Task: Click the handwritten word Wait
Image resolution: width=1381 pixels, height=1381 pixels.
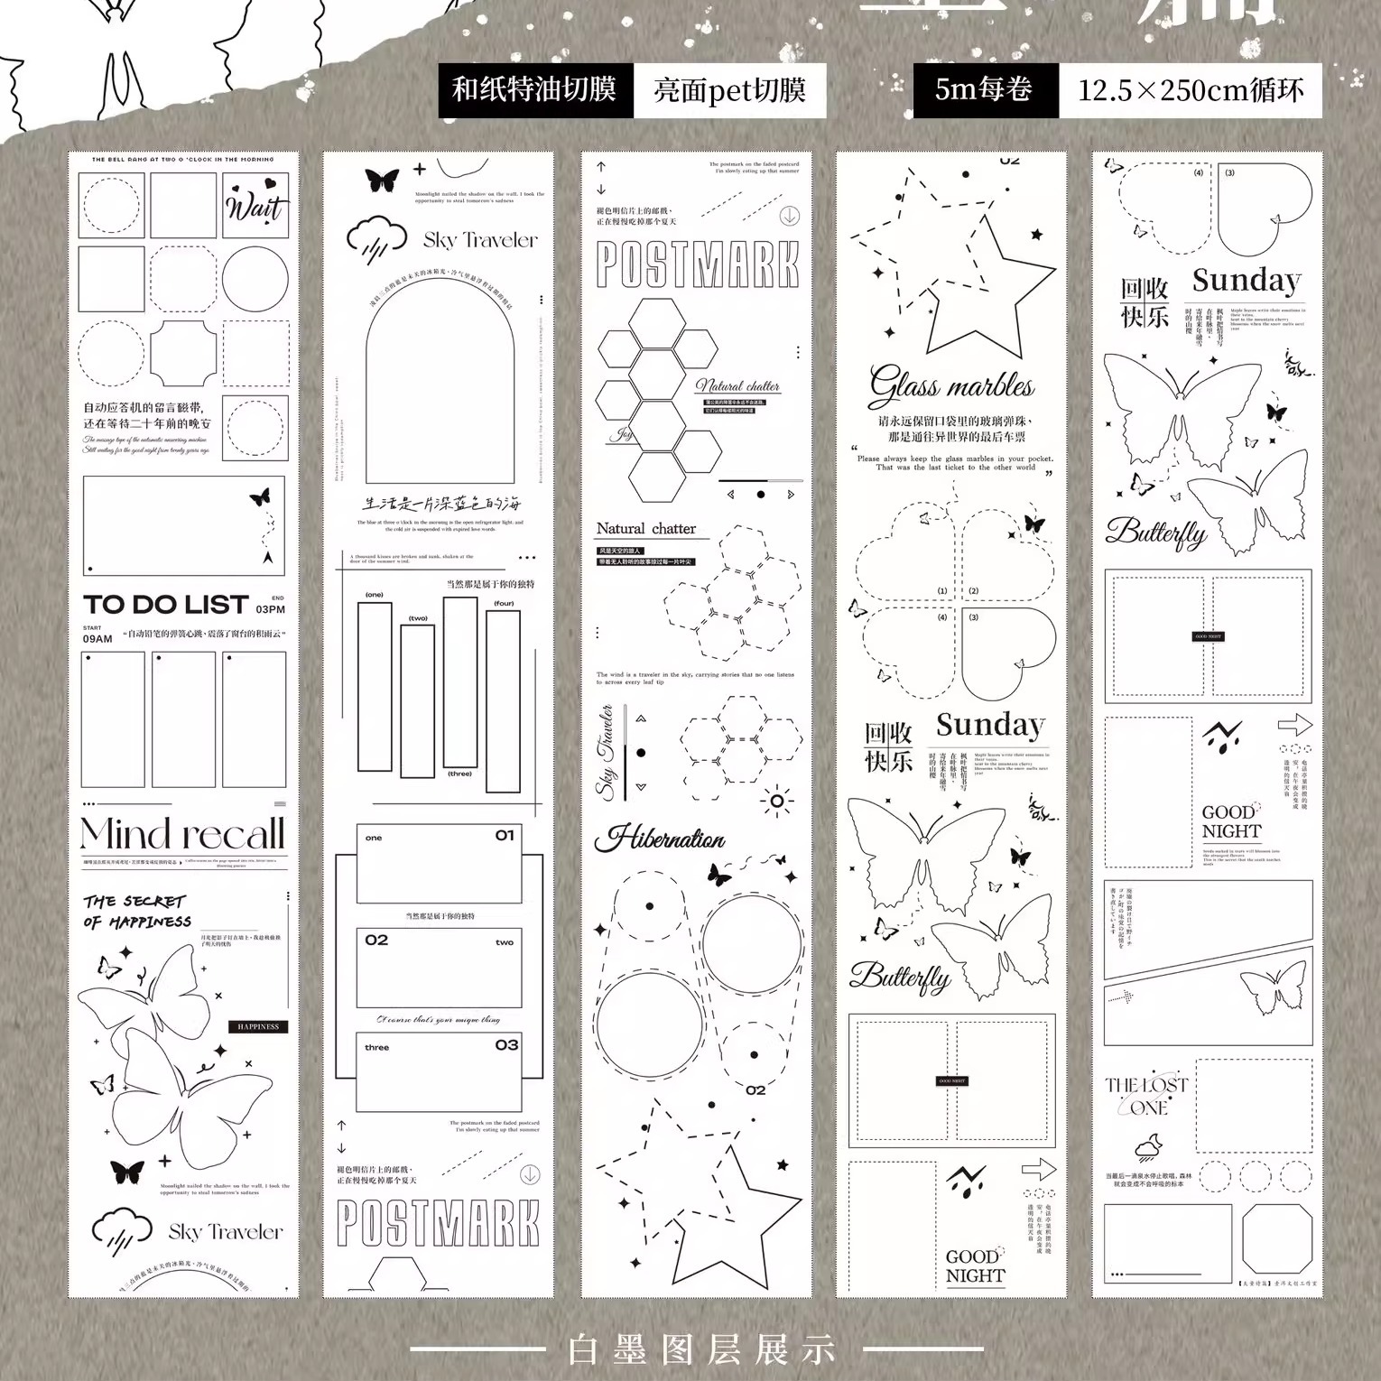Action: pyautogui.click(x=255, y=206)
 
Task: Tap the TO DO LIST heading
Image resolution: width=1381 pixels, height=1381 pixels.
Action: pyautogui.click(x=165, y=605)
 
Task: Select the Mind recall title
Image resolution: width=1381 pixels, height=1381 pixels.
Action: pyautogui.click(x=182, y=834)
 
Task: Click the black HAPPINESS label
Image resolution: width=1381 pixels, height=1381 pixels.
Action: pyautogui.click(x=258, y=1026)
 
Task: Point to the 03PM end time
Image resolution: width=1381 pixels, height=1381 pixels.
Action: pyautogui.click(x=270, y=609)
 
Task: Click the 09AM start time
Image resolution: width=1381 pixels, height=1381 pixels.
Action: pyautogui.click(x=97, y=638)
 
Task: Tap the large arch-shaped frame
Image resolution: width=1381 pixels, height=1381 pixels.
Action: pyautogui.click(x=440, y=379)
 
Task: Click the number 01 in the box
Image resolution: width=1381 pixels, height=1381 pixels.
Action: pyautogui.click(x=505, y=836)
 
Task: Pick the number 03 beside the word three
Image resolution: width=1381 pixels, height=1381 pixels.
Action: pyautogui.click(x=506, y=1045)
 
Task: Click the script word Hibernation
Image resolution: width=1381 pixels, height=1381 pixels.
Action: pyautogui.click(x=660, y=839)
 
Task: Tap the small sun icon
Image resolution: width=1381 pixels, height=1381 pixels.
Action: pyautogui.click(x=776, y=801)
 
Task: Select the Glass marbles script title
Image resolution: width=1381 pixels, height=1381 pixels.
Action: pyautogui.click(x=951, y=386)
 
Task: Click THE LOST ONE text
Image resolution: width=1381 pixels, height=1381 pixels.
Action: pyautogui.click(x=1146, y=1096)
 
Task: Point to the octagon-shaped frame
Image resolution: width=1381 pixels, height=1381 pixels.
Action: pyautogui.click(x=1276, y=1237)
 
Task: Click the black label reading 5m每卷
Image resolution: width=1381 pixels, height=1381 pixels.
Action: pyautogui.click(x=985, y=90)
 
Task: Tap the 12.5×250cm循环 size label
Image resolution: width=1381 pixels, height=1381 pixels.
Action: pyautogui.click(x=1191, y=90)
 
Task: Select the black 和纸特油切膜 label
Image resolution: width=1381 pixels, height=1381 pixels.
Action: pyautogui.click(x=535, y=90)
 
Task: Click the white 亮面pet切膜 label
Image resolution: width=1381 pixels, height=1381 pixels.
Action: pyautogui.click(x=729, y=90)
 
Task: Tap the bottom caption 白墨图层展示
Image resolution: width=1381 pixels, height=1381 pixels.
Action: pyautogui.click(x=702, y=1349)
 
